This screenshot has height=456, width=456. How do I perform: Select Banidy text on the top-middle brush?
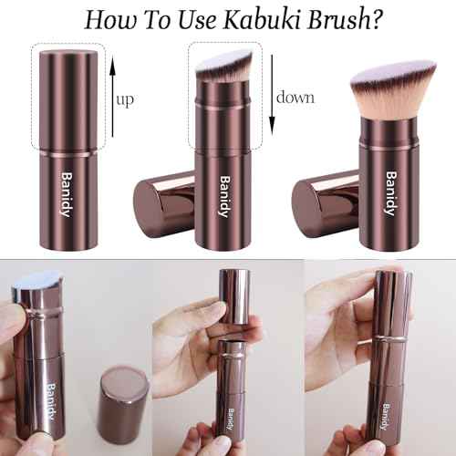pyautogui.click(x=223, y=192)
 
